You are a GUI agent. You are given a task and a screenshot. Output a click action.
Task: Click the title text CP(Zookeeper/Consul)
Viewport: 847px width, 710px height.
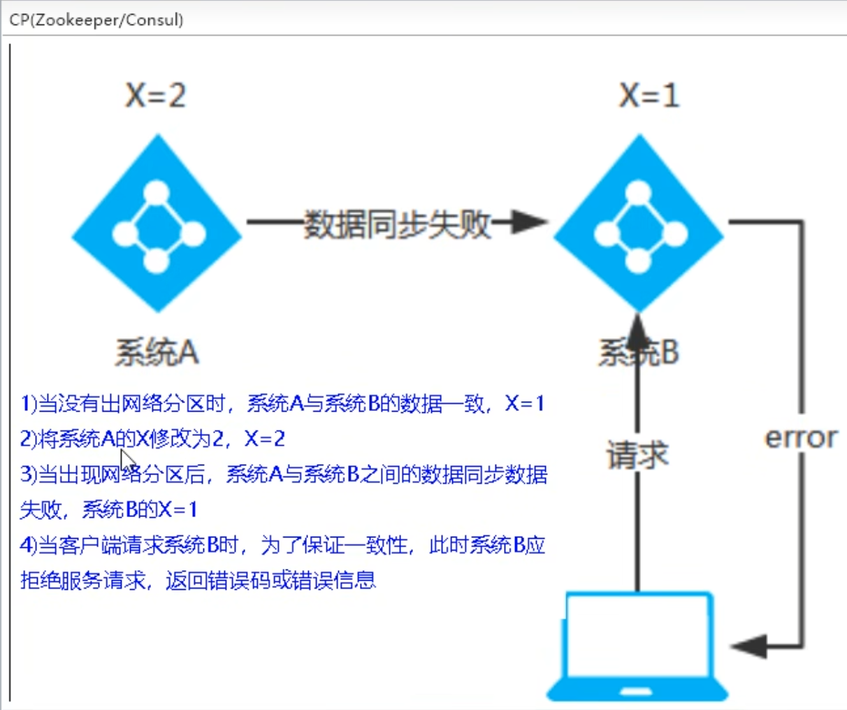pyautogui.click(x=96, y=20)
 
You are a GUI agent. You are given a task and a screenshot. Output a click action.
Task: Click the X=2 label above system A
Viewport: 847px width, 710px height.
pyautogui.click(x=155, y=95)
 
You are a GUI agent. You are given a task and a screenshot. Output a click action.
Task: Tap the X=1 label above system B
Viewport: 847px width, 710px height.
pyautogui.click(x=649, y=95)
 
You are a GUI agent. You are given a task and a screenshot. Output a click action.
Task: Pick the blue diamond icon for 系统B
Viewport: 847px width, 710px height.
pyautogui.click(x=638, y=224)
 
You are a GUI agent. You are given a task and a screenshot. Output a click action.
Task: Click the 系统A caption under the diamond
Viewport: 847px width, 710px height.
pyautogui.click(x=157, y=352)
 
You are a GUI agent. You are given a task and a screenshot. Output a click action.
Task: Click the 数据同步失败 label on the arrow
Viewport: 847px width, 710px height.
pyautogui.click(x=397, y=224)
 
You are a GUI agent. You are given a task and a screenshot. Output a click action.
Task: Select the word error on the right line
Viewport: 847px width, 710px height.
pyautogui.click(x=801, y=437)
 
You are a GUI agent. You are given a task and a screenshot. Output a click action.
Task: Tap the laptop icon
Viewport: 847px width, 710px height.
pyautogui.click(x=637, y=647)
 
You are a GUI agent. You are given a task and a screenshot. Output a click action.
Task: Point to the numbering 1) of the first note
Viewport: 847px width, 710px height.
pyautogui.click(x=29, y=403)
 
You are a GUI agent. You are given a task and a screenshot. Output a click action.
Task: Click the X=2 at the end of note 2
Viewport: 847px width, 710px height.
pyautogui.click(x=264, y=439)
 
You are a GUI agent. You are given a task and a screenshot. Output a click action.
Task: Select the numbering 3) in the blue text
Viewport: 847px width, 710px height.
pyautogui.click(x=29, y=474)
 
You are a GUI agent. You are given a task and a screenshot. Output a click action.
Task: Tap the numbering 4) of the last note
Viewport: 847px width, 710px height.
pyautogui.click(x=29, y=545)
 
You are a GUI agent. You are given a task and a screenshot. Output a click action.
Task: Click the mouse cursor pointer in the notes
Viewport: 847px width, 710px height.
pyautogui.click(x=126, y=461)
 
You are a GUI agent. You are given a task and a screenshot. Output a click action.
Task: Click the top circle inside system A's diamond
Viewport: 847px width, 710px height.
pyautogui.click(x=157, y=192)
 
